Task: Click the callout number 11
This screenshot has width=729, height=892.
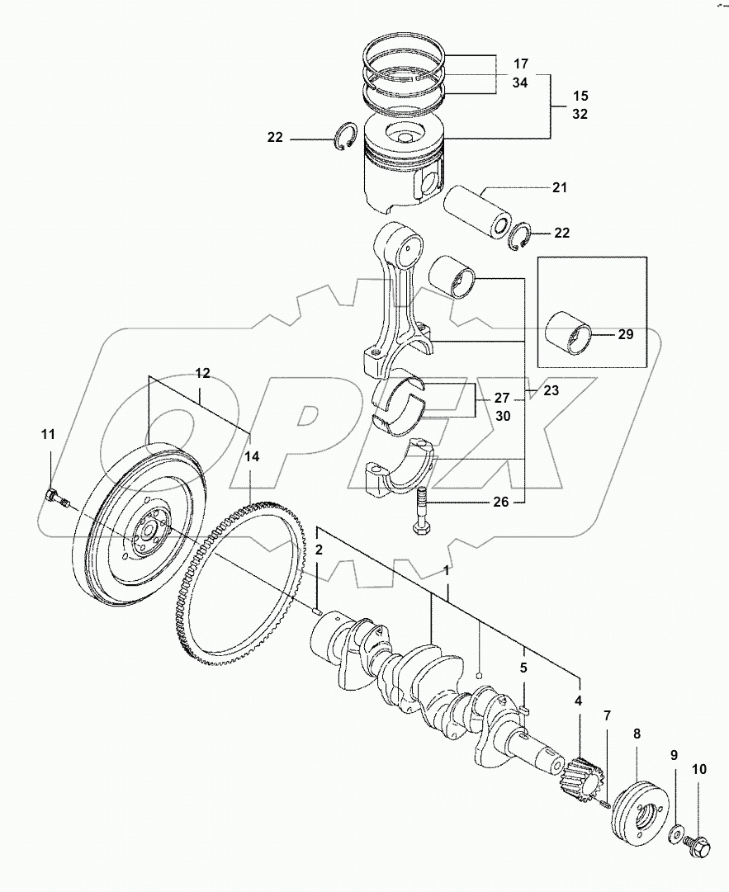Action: tap(48, 434)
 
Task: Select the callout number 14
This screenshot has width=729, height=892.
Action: tap(251, 455)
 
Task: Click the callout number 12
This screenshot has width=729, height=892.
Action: tap(202, 373)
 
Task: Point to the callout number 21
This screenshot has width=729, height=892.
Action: tap(561, 189)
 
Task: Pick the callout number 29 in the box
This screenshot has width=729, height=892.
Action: tap(625, 334)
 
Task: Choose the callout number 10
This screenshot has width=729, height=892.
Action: tap(698, 770)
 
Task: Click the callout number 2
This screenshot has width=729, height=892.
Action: tap(318, 549)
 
